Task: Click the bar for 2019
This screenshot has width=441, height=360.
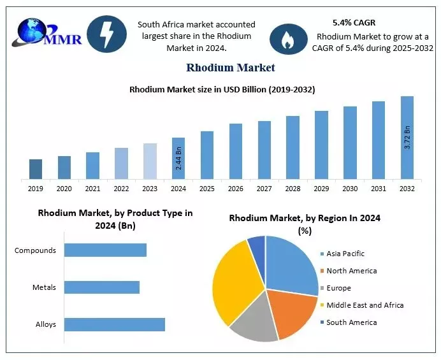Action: click(x=36, y=169)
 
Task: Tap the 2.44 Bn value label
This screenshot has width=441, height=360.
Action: click(x=178, y=158)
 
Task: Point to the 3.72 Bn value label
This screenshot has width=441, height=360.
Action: click(x=407, y=138)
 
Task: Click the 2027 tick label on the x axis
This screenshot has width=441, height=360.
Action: click(x=264, y=189)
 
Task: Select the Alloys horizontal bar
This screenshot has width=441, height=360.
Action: click(x=115, y=324)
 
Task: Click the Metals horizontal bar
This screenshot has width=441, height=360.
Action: click(x=102, y=287)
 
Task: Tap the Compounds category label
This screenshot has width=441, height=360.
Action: click(x=36, y=250)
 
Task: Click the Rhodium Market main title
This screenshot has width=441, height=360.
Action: click(x=231, y=68)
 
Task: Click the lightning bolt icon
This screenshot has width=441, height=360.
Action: click(x=106, y=34)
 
